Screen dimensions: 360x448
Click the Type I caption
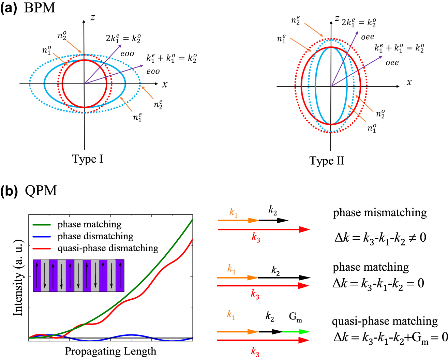[x=88, y=159]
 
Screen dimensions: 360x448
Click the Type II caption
[x=327, y=161]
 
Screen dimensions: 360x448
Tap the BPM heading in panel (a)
[x=40, y=8]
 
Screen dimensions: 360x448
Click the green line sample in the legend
[x=42, y=225]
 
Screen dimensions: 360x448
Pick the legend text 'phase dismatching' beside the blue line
[x=95, y=236]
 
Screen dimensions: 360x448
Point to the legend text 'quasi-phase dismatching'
[x=108, y=248]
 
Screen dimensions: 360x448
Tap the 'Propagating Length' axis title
[x=110, y=351]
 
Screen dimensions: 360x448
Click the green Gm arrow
[x=296, y=331]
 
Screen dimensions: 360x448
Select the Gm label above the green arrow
[x=295, y=317]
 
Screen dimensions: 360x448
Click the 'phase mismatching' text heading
[x=380, y=213]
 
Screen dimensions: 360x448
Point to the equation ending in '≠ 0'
[x=380, y=238]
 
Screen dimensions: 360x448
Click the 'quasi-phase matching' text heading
[x=385, y=321]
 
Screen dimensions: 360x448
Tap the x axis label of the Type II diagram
[x=409, y=82]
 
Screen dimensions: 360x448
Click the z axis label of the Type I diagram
[x=92, y=17]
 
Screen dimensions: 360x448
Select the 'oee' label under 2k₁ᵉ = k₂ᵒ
[x=368, y=37]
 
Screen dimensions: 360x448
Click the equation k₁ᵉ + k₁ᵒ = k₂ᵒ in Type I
[x=171, y=58]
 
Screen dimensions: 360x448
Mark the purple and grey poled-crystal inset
[x=78, y=275]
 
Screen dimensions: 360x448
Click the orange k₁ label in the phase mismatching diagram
[x=233, y=213]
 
